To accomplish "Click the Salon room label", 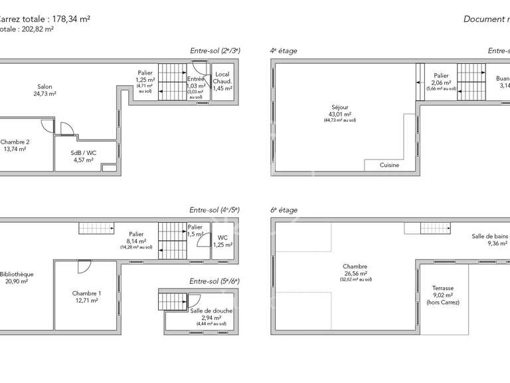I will pos(44,86).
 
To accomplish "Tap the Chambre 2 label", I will pos(15,142).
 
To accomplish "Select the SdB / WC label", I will pos(83,153).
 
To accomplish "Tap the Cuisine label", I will pos(389,165).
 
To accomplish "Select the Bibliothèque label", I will pos(18,274).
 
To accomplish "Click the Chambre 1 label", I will pos(86,293).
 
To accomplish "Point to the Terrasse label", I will pos(442,288).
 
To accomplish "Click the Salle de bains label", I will pos(489,236).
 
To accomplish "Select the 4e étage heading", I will pos(284,51).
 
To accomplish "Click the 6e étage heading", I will pos(284,210).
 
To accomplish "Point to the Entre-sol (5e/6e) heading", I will pos(214,281).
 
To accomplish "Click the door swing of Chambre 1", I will pos(84,266).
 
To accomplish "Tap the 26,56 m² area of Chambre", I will pos(357,273).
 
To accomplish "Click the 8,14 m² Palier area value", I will pos(136,241).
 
